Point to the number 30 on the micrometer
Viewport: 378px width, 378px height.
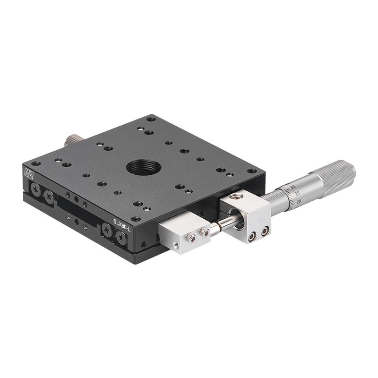[x=293, y=187]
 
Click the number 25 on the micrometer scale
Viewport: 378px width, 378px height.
[x=297, y=193]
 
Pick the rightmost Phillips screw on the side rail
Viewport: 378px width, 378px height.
[x=121, y=238]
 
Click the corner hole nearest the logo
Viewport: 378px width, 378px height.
[x=36, y=163]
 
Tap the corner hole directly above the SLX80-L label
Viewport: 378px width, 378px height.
[x=135, y=219]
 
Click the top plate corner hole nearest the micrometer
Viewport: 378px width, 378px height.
[x=252, y=171]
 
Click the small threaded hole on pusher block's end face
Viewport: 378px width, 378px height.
[x=176, y=244]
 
